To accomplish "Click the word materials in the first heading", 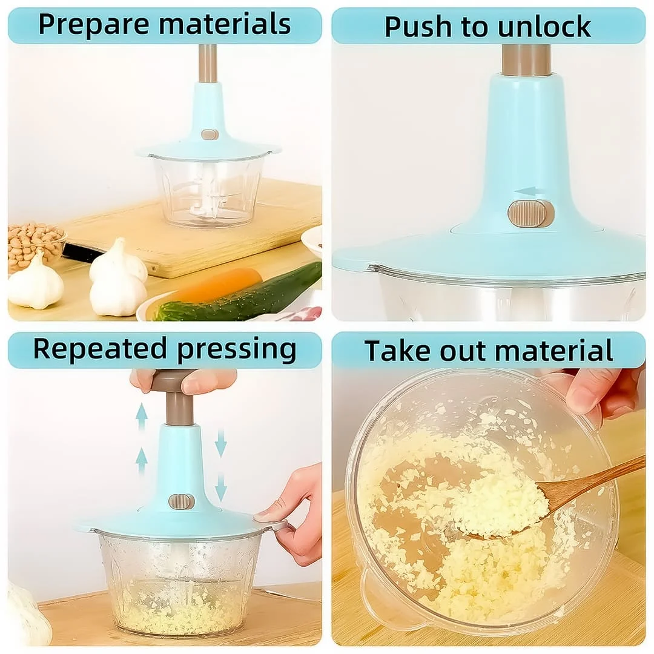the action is pos(225,24).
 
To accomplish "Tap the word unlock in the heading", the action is pos(544,27).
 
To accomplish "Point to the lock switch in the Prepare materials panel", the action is pos(210,134).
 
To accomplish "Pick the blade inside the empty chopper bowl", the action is pos(207,200).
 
